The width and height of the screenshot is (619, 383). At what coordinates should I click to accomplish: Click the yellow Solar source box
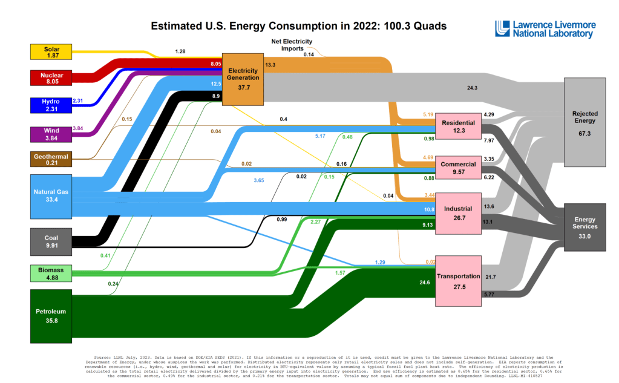pos(51,52)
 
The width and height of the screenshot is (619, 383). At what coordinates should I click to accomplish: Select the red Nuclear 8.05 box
pos(51,77)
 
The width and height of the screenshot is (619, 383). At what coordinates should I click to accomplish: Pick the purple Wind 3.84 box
pos(51,134)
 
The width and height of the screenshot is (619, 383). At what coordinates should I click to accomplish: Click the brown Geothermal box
pos(51,159)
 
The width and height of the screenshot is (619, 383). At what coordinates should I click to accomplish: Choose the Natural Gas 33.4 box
pos(51,196)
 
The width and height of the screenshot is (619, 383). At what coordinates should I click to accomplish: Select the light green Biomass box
pos(51,273)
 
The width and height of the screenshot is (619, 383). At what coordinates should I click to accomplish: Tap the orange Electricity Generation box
pos(243,79)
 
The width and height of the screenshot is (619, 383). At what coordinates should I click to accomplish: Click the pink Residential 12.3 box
pos(458,127)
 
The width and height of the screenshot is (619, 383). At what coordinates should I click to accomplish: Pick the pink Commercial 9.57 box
pos(458,168)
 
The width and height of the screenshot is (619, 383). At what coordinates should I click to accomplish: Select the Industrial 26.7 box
pos(458,212)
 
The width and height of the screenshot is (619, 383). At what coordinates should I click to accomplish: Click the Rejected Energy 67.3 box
pos(585,122)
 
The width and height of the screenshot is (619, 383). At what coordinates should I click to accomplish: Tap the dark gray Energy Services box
pos(585,227)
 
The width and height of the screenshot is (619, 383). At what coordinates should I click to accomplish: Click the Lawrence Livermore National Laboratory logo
pos(545,29)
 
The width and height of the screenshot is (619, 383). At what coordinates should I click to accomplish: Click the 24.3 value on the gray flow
pos(473,88)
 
